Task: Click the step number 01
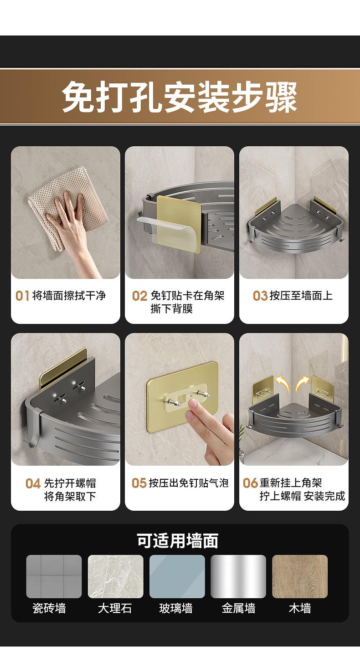tap(22, 296)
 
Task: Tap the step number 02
tap(139, 296)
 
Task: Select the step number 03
tap(260, 296)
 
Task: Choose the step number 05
tap(139, 483)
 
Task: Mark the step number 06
tap(250, 483)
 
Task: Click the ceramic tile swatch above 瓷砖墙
tap(54, 576)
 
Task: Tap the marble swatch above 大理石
tap(116, 576)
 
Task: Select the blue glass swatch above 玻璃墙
tap(177, 576)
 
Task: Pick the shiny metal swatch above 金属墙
tap(238, 576)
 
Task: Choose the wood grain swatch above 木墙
tap(300, 576)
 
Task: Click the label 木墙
tap(300, 608)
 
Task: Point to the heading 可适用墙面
tap(178, 540)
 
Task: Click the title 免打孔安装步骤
tap(180, 97)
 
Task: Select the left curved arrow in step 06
tap(282, 383)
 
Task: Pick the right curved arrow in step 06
tap(302, 383)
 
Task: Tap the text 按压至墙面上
tap(301, 296)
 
